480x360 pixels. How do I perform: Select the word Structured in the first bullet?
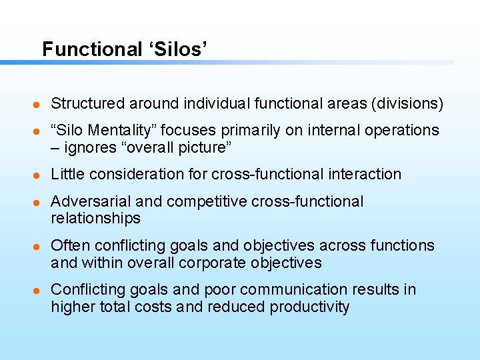tap(88, 103)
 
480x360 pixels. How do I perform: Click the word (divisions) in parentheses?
tap(407, 103)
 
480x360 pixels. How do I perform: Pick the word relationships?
tap(95, 219)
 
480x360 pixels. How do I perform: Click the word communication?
tap(292, 289)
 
